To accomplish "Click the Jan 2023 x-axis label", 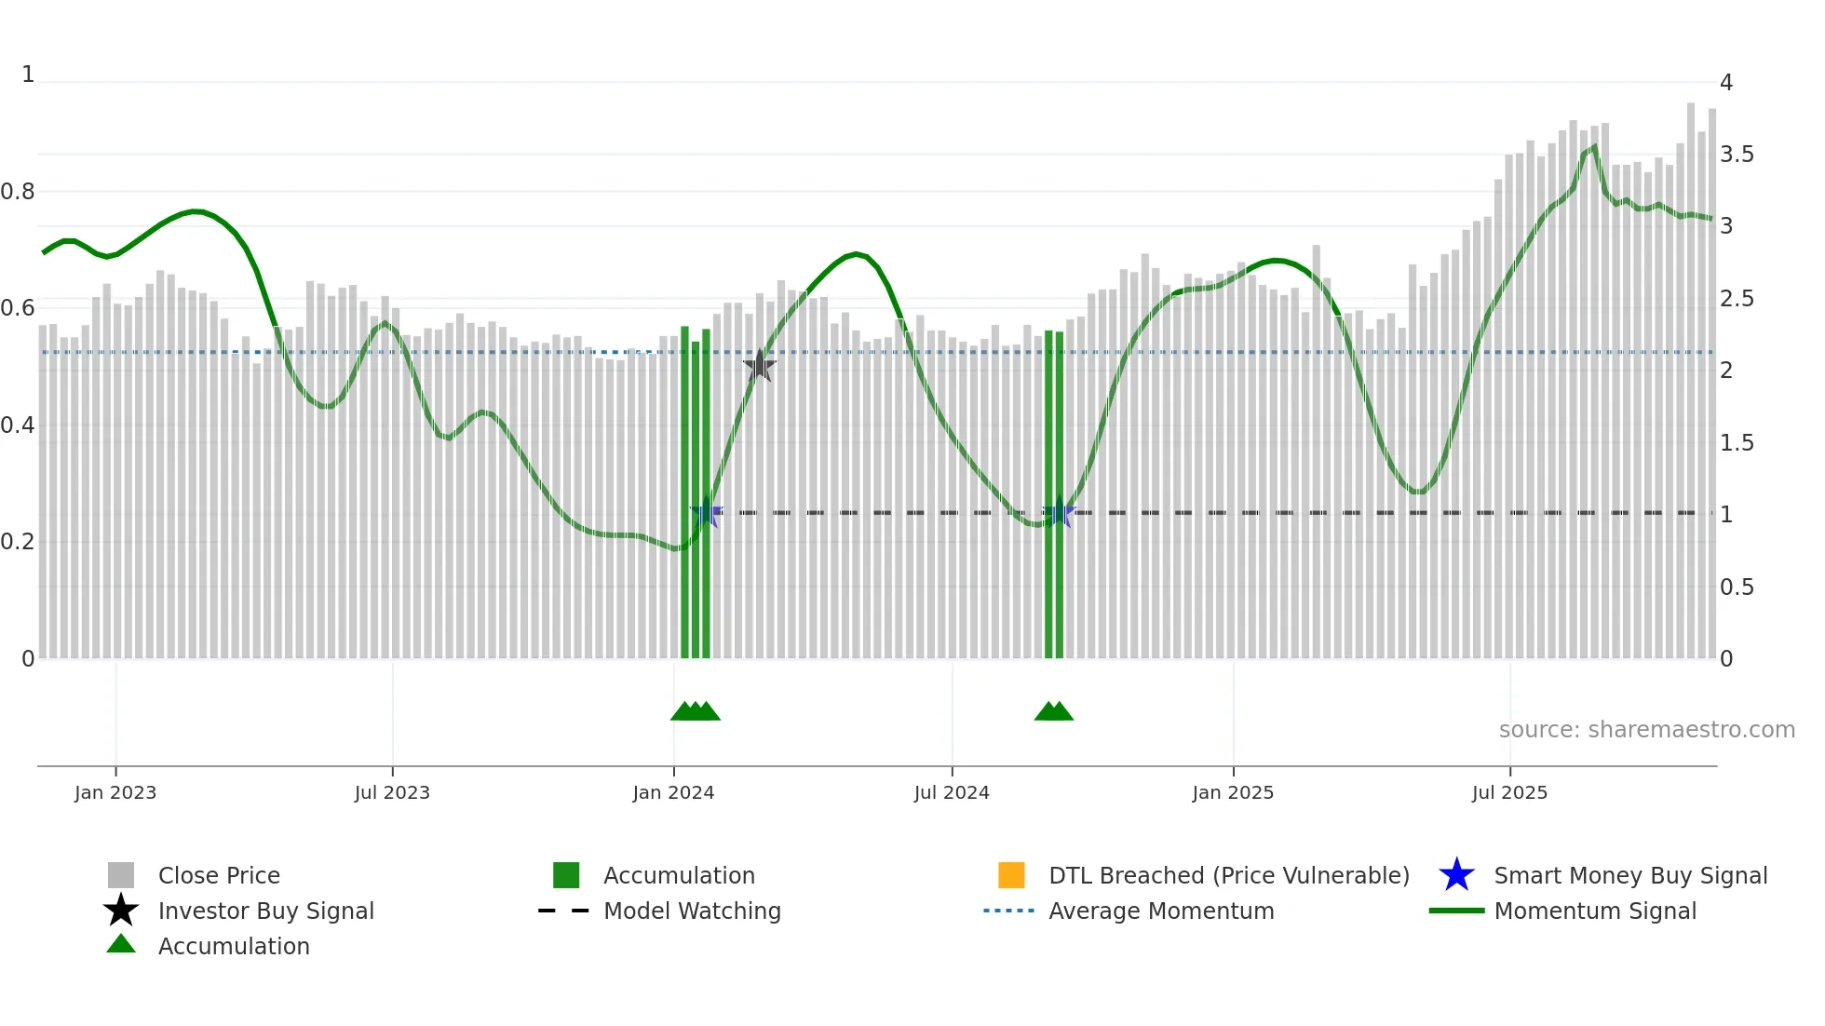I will pyautogui.click(x=115, y=792).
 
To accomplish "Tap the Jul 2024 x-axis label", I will pyautogui.click(x=952, y=792).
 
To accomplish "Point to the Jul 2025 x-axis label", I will pyautogui.click(x=1509, y=792).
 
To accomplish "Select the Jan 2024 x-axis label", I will pyautogui.click(x=673, y=792).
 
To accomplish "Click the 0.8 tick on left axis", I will pyautogui.click(x=18, y=192).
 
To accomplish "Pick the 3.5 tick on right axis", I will pyautogui.click(x=1737, y=155).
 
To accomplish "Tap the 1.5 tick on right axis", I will pyautogui.click(x=1737, y=443).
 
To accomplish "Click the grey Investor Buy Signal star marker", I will pyautogui.click(x=760, y=366).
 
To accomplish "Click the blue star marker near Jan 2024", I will pyautogui.click(x=707, y=512).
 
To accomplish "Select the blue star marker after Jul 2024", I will pyautogui.click(x=1059, y=512).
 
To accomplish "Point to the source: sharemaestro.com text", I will pyautogui.click(x=1646, y=730).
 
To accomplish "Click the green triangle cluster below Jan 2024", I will pyautogui.click(x=696, y=711).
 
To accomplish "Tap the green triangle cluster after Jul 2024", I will pyautogui.click(x=1054, y=711).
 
